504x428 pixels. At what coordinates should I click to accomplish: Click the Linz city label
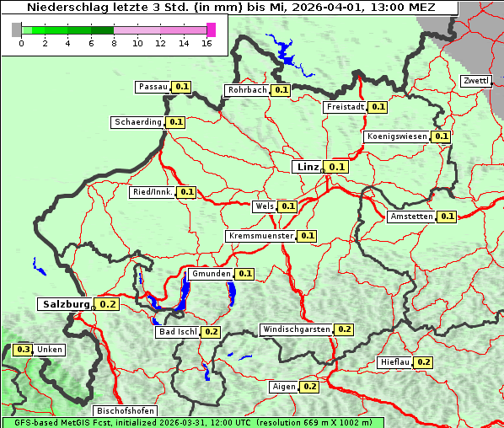[307, 167]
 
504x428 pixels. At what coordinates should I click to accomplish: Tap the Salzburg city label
[65, 303]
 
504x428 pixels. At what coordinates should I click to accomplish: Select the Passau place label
[153, 87]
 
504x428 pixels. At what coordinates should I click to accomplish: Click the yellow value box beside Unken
[24, 350]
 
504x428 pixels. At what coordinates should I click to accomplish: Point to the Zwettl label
[476, 81]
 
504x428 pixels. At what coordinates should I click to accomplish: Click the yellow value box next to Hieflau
[423, 362]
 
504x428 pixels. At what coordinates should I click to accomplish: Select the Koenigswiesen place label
[397, 136]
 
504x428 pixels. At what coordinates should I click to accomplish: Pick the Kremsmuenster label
[260, 236]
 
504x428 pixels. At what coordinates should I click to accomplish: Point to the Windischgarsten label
[296, 329]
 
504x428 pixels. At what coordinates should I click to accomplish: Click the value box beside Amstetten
[447, 217]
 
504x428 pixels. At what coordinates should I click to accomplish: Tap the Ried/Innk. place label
[153, 192]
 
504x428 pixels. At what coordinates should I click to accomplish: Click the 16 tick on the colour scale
[207, 43]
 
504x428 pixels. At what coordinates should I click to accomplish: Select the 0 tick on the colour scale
[20, 43]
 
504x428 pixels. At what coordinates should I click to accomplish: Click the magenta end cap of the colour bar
[211, 29]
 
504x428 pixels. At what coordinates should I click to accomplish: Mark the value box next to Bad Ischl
[211, 332]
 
